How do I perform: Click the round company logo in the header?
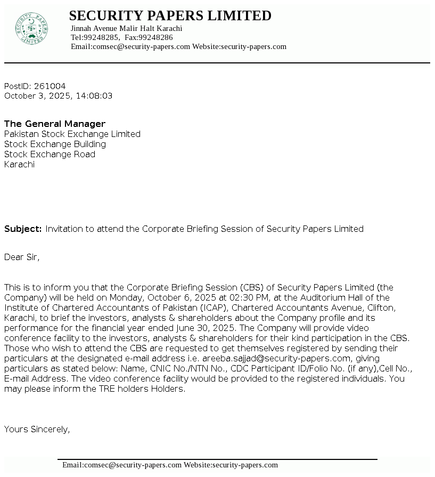pyautogui.click(x=32, y=28)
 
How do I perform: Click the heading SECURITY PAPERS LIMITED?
pyautogui.click(x=170, y=15)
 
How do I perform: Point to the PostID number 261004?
pyautogui.click(x=50, y=86)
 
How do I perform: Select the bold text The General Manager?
pyautogui.click(x=55, y=124)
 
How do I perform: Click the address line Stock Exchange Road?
pyautogui.click(x=50, y=154)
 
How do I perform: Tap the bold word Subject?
pyautogui.click(x=23, y=229)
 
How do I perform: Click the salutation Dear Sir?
pyautogui.click(x=22, y=257)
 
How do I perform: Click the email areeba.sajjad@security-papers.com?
pyautogui.click(x=277, y=358)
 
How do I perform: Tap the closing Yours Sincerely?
pyautogui.click(x=37, y=429)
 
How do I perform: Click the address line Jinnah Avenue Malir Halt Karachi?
pyautogui.click(x=126, y=28)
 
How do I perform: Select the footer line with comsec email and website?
pyautogui.click(x=170, y=465)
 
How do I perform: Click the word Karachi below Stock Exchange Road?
pyautogui.click(x=19, y=164)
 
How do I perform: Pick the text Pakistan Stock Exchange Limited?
pyautogui.click(x=72, y=134)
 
